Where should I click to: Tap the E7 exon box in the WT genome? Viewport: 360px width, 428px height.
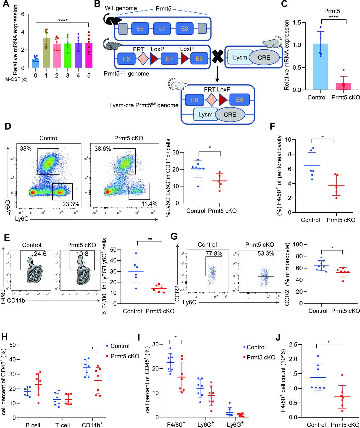coord(162,29)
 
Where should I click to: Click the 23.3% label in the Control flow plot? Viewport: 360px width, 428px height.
coord(71,204)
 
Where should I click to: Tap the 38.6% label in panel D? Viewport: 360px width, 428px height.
coord(103,149)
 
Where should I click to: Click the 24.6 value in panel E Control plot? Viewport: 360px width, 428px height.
coord(40,254)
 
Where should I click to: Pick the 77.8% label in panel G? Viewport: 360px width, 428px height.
coord(214,253)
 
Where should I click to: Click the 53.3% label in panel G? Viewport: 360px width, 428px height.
coord(265,253)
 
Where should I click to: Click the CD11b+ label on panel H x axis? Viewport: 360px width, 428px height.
coord(92,425)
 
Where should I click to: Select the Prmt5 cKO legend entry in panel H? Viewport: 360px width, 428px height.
coord(122,356)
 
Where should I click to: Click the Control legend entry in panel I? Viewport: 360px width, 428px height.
coord(256,347)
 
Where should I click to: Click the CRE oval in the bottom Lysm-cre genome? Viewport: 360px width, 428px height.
coord(230,115)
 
